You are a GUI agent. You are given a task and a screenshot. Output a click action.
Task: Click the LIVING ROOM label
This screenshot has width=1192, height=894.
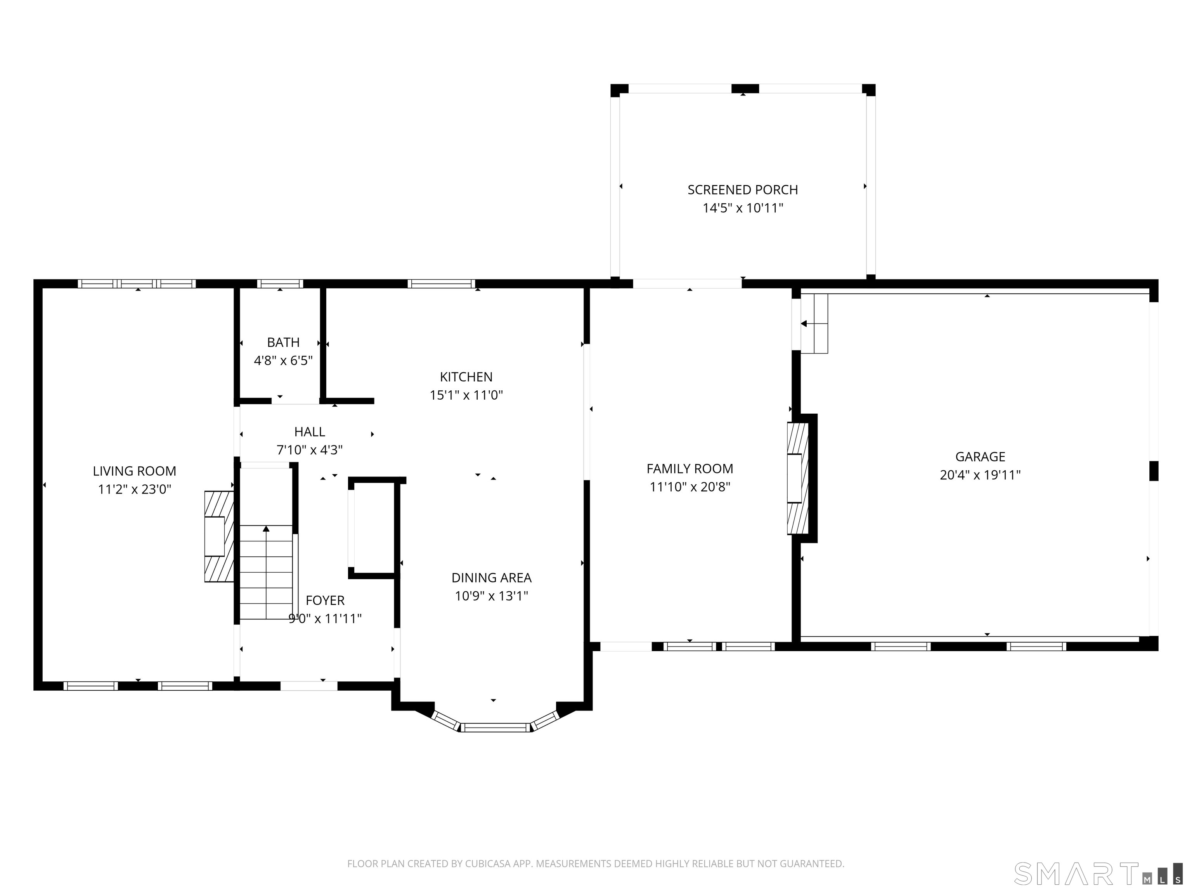[134, 471]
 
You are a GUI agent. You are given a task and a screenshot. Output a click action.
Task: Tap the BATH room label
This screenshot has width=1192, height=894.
[284, 342]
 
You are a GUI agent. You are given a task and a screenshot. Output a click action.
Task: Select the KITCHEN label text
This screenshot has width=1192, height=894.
[466, 377]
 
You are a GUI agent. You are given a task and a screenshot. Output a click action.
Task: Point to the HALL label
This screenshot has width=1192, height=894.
[310, 431]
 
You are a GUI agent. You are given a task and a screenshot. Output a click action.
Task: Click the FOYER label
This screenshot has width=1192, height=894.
[325, 600]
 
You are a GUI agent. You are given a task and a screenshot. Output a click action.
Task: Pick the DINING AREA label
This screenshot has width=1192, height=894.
[492, 578]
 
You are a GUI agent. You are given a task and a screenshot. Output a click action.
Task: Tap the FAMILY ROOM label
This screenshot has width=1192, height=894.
[690, 469]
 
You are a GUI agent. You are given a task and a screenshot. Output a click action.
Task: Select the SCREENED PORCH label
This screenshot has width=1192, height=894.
[743, 190]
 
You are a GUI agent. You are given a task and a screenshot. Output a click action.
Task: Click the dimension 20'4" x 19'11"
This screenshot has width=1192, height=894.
[980, 475]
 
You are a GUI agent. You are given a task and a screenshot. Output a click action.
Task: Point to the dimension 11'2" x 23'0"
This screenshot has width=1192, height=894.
[134, 489]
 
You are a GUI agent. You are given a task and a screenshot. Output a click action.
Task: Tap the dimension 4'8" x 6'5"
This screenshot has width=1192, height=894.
[284, 360]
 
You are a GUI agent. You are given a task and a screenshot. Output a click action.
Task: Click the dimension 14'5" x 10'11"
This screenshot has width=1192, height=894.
[743, 208]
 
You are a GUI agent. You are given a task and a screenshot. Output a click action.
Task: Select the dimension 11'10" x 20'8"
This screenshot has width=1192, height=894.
[690, 487]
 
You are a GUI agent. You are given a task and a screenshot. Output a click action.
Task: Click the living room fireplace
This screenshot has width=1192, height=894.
[219, 536]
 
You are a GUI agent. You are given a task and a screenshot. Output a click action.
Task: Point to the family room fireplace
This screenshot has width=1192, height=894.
[798, 478]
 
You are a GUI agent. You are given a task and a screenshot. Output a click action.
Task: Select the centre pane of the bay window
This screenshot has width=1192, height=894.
[496, 728]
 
